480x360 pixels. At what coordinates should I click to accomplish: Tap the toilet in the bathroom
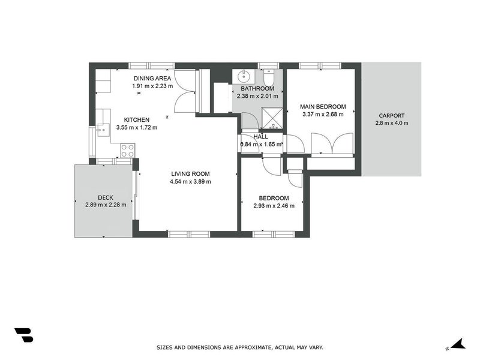[269, 78]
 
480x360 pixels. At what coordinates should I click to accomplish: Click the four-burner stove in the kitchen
[127, 149]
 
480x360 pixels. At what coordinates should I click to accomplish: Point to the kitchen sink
[101, 128]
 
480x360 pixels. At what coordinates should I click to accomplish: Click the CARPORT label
[391, 116]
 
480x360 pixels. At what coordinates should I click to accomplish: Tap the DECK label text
[106, 198]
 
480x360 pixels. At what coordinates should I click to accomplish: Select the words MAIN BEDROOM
[323, 107]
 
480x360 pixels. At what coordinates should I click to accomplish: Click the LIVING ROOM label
[190, 174]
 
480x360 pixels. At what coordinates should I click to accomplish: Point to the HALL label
[260, 137]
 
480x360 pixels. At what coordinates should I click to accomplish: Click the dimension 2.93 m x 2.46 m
[274, 206]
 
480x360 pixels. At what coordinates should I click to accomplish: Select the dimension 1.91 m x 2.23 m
[152, 86]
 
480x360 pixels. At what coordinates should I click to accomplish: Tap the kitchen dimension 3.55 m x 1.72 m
[137, 127]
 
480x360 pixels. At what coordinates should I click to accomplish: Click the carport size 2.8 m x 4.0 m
[391, 123]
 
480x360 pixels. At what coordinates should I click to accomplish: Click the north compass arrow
[457, 344]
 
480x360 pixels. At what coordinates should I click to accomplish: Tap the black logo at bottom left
[23, 335]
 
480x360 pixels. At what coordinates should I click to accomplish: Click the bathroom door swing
[250, 121]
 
